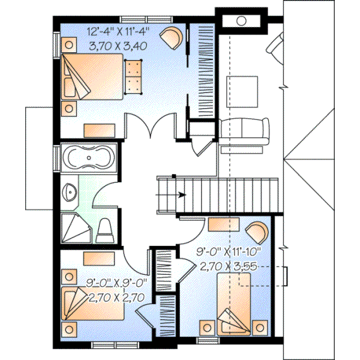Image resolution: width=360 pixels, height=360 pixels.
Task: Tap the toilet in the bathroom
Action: tap(104, 229)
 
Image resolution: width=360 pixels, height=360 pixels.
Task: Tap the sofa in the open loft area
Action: tap(242, 130)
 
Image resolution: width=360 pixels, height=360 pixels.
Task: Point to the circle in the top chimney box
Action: tap(241, 20)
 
